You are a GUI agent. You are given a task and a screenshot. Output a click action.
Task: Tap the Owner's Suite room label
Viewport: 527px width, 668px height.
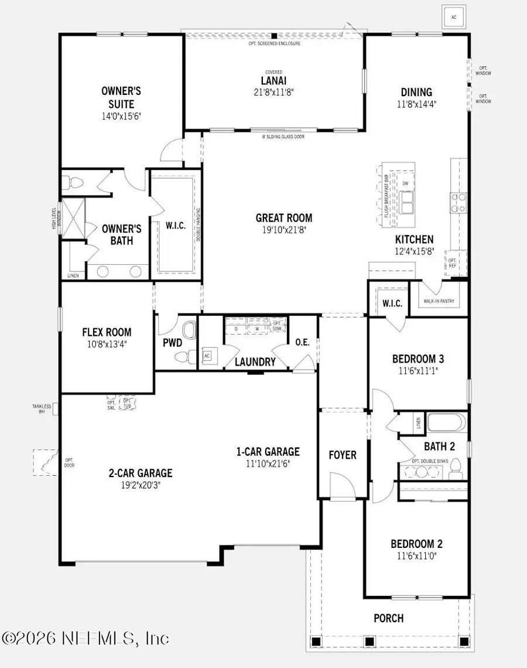(121, 98)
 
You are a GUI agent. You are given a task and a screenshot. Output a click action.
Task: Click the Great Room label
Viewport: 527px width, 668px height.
(284, 218)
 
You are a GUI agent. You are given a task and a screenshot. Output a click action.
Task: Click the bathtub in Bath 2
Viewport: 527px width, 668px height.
(446, 422)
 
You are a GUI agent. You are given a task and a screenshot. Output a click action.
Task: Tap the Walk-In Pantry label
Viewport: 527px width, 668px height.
(439, 302)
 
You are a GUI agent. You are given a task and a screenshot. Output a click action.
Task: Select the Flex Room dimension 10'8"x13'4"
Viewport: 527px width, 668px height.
(107, 344)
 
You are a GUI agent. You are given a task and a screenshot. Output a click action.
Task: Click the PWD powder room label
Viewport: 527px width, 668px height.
(172, 342)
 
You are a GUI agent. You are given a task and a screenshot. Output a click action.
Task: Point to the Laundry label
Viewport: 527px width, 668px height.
(255, 362)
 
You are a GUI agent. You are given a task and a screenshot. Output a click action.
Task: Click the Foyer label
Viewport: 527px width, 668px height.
(342, 455)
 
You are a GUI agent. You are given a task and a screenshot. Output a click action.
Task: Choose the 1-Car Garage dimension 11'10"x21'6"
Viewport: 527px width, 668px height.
(268, 463)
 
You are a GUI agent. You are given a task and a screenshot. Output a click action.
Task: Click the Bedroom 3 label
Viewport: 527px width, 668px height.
(418, 359)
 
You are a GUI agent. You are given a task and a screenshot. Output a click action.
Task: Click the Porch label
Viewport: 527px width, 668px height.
(389, 618)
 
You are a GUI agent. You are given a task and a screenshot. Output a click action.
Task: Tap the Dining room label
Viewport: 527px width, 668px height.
(416, 92)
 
